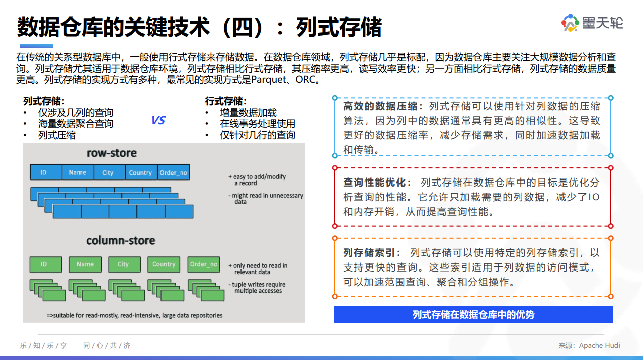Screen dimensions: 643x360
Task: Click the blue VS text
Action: (158, 121)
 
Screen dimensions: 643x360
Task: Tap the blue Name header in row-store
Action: (77, 172)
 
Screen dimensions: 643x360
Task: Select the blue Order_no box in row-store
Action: (173, 172)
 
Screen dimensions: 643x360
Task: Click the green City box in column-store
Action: (123, 264)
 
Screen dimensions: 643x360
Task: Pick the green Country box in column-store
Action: (164, 264)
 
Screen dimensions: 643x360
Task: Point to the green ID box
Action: (44, 264)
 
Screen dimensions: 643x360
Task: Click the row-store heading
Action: (112, 153)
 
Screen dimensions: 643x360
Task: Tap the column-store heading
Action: (121, 241)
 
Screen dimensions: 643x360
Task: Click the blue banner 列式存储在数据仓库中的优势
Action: (473, 315)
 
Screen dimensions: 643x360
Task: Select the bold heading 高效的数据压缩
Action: (380, 106)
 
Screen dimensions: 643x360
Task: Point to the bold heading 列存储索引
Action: (372, 253)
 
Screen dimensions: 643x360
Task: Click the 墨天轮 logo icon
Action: (571, 23)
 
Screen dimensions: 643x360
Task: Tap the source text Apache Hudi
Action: (599, 345)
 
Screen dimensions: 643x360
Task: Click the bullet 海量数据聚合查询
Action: (75, 124)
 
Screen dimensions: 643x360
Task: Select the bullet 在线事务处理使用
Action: (258, 124)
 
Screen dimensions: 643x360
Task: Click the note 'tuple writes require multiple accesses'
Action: (258, 288)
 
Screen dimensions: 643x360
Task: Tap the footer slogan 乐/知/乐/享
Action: (43, 345)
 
